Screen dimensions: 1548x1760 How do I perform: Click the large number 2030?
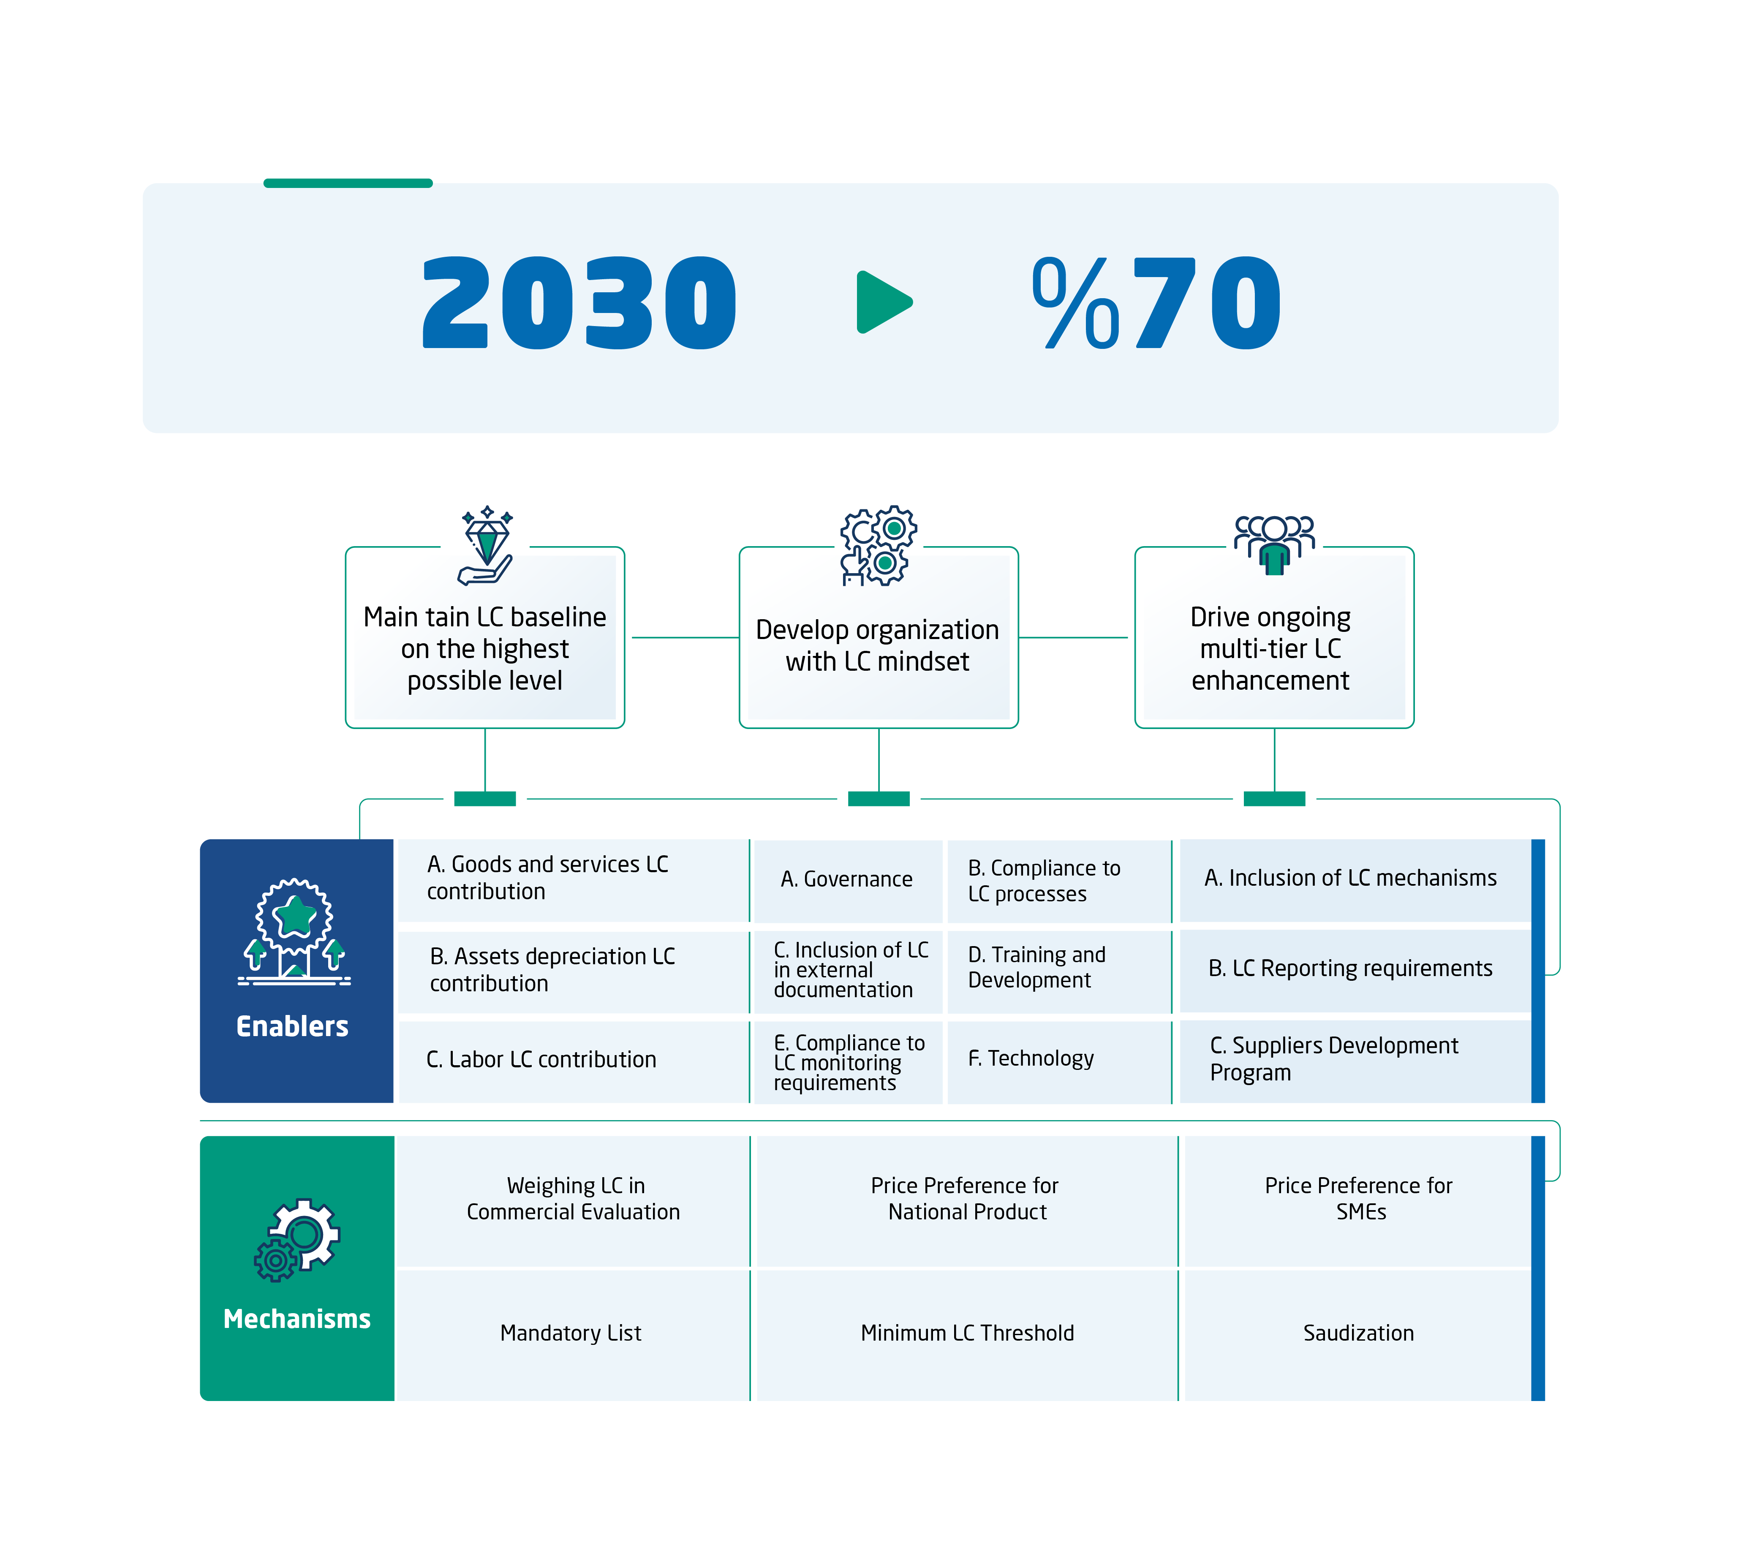579,303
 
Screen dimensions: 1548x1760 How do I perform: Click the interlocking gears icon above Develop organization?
878,545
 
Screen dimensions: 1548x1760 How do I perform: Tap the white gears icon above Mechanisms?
297,1240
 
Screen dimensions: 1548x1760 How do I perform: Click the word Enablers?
293,1026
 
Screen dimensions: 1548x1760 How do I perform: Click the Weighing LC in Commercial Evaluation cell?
574,1198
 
